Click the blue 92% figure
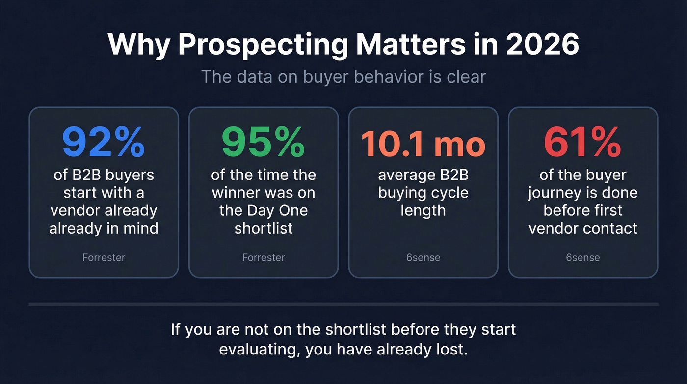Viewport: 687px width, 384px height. [x=104, y=143]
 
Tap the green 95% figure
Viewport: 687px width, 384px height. [x=263, y=143]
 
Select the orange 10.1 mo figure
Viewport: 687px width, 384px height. [x=423, y=144]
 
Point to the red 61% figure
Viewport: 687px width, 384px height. [x=582, y=143]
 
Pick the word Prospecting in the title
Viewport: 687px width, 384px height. [x=263, y=45]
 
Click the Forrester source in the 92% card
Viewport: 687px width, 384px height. [x=104, y=257]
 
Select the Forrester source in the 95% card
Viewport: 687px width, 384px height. [x=263, y=257]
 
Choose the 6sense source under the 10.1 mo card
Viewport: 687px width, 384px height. [x=423, y=257]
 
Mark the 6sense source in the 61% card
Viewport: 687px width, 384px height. [x=582, y=257]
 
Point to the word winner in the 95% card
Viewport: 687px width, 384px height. [x=237, y=193]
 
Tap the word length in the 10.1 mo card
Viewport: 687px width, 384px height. [x=423, y=210]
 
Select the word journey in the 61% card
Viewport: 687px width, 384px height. [x=554, y=193]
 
